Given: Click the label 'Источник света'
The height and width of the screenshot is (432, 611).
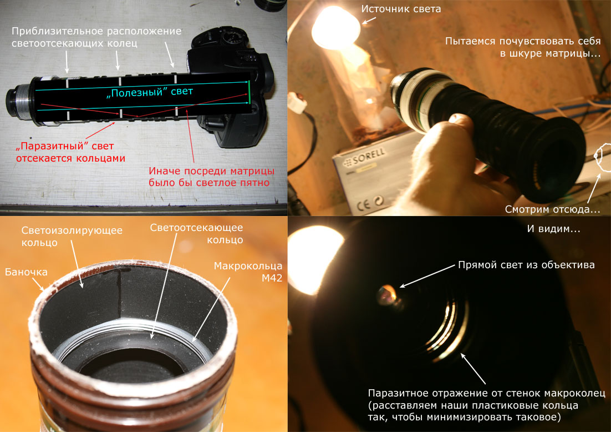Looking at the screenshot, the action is tap(401, 9).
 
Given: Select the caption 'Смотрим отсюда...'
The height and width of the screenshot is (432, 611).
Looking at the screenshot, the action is tap(552, 209).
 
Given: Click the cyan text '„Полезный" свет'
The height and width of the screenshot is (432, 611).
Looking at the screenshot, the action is tap(149, 93).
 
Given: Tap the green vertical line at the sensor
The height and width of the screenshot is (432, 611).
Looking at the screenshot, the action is tap(248, 93).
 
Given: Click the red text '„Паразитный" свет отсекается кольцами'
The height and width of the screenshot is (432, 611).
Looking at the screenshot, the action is tap(70, 152).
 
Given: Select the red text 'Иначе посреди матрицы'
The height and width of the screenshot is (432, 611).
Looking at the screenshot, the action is tap(212, 171).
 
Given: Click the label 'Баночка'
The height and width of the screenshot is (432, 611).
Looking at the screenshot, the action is tap(26, 272).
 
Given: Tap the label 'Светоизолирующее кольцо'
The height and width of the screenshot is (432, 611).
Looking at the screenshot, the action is tap(72, 236).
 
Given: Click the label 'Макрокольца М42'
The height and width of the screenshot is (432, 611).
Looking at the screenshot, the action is tap(248, 272).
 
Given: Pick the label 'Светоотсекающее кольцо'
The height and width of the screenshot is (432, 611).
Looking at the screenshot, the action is tap(196, 233).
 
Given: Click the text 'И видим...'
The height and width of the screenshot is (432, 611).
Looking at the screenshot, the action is tap(553, 229).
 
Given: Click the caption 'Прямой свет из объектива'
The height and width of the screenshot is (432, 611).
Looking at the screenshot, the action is tap(526, 265).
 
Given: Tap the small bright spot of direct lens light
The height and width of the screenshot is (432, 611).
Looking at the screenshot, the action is tap(387, 294).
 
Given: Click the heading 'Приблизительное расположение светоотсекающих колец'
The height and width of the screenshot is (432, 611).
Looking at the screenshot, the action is tap(96, 37).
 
